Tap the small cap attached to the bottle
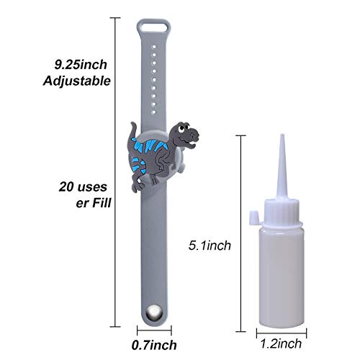[x=252, y=214]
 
